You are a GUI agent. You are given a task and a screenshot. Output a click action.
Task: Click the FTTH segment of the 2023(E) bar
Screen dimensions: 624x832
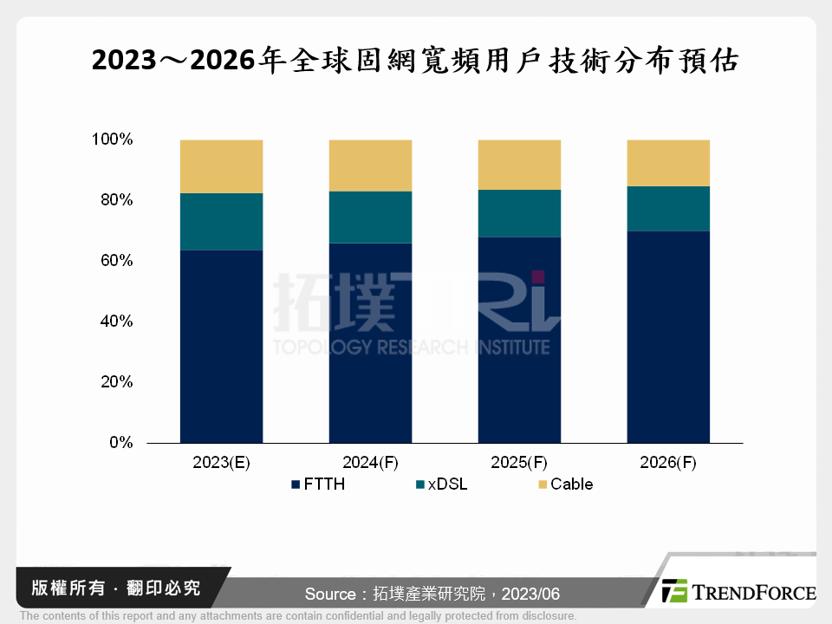click(x=221, y=347)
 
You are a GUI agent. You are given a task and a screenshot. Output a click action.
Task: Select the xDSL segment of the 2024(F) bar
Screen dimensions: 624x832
click(x=370, y=217)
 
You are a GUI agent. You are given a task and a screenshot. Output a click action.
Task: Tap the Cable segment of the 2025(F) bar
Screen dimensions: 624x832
click(x=519, y=165)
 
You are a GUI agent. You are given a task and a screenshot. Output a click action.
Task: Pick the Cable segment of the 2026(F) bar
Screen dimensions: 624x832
click(x=668, y=163)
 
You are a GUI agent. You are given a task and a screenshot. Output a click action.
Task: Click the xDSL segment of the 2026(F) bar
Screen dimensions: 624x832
click(x=668, y=208)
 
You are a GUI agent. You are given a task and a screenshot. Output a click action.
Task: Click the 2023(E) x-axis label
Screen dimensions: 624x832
click(x=221, y=463)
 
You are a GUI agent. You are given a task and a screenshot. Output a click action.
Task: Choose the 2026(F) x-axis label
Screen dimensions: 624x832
click(x=668, y=463)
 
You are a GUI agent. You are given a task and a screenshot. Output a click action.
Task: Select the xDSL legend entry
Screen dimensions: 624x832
click(x=441, y=484)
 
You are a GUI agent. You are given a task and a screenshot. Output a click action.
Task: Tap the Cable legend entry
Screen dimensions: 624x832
click(x=565, y=484)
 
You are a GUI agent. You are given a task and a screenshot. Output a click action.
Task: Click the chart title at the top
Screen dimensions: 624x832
click(x=416, y=61)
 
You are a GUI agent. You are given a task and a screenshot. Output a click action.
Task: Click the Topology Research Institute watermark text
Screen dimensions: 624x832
click(x=411, y=347)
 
